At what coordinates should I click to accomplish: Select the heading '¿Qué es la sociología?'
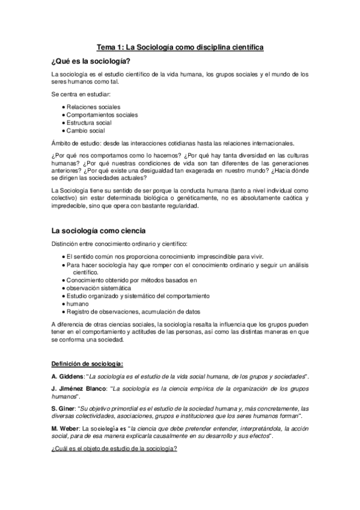pyautogui.click(x=91, y=61)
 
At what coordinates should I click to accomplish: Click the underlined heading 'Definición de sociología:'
pyautogui.click(x=87, y=363)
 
